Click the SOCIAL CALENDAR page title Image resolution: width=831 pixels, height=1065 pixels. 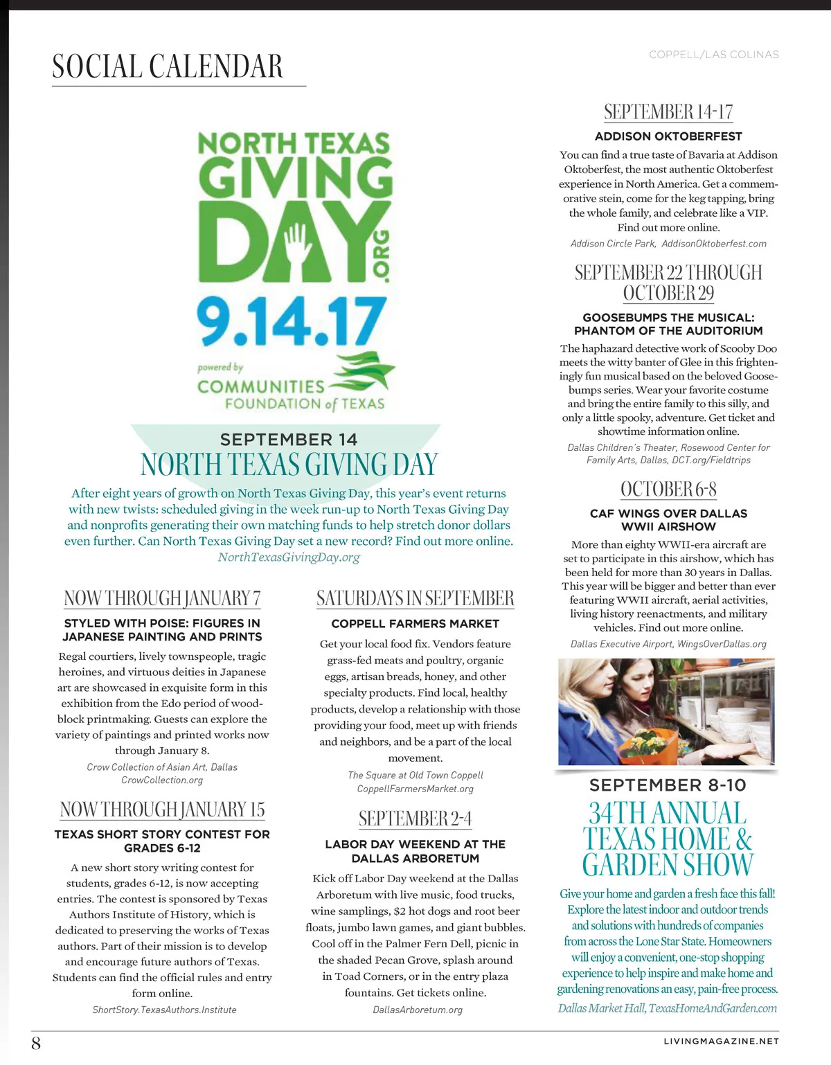[x=168, y=66]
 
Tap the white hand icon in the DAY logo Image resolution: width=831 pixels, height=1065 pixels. [x=298, y=242]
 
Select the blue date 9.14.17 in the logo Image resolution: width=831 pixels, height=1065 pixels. [x=291, y=321]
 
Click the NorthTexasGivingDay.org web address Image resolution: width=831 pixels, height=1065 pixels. [x=289, y=557]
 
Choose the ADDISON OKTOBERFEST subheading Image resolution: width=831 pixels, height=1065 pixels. [x=668, y=136]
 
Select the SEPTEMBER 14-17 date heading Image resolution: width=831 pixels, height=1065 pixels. [x=668, y=112]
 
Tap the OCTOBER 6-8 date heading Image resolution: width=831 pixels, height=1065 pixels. [x=668, y=490]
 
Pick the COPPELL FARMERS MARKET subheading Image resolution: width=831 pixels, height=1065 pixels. [x=415, y=624]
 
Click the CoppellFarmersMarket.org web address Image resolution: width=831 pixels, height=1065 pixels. [x=415, y=789]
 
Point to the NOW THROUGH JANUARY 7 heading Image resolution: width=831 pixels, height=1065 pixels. [x=162, y=598]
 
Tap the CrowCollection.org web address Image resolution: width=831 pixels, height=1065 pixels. [x=162, y=780]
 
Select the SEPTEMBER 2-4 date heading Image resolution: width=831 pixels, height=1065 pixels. [x=415, y=819]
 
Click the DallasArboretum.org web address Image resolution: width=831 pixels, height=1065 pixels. [x=417, y=1010]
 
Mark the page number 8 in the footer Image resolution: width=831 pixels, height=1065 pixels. [x=36, y=1043]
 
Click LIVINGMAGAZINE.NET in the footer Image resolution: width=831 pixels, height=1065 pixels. [x=721, y=1041]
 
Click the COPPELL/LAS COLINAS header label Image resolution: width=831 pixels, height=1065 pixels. [x=713, y=55]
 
